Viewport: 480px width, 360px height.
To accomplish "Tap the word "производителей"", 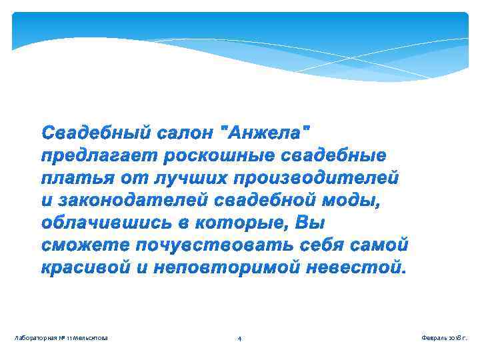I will pos(315,178).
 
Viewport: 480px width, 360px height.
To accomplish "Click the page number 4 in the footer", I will pos(240,339).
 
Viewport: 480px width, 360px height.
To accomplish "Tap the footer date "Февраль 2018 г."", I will pos(444,339).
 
